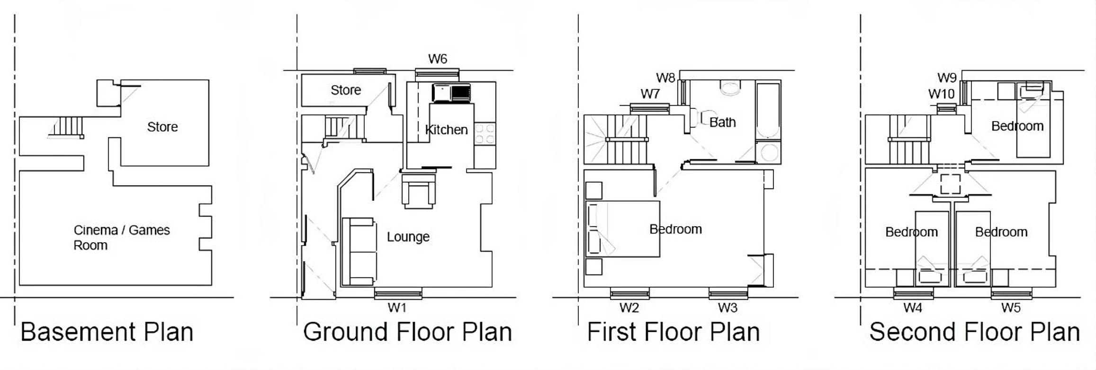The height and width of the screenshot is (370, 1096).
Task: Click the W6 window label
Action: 437,59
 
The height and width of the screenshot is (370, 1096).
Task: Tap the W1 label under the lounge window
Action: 397,308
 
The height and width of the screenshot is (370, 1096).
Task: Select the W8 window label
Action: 665,78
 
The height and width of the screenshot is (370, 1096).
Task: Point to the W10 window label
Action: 941,94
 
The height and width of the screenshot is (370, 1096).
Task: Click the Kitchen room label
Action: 446,130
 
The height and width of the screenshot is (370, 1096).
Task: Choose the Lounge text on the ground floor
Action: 408,237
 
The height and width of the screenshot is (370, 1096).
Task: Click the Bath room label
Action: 722,122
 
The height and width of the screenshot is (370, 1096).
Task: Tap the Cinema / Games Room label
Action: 122,238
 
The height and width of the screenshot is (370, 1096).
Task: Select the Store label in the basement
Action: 162,127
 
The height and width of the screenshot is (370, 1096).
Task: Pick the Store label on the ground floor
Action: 346,90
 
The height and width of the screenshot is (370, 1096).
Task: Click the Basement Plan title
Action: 107,332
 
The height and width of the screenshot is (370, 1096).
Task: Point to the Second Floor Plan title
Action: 975,332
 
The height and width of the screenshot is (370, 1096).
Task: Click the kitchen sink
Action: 451,93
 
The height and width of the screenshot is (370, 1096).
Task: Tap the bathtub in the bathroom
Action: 768,111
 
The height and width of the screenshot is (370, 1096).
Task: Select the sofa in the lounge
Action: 359,252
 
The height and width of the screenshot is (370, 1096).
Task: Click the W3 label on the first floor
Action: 728,308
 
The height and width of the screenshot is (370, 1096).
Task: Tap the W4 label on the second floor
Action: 913,308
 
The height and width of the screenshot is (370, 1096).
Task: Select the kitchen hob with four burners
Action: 485,133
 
